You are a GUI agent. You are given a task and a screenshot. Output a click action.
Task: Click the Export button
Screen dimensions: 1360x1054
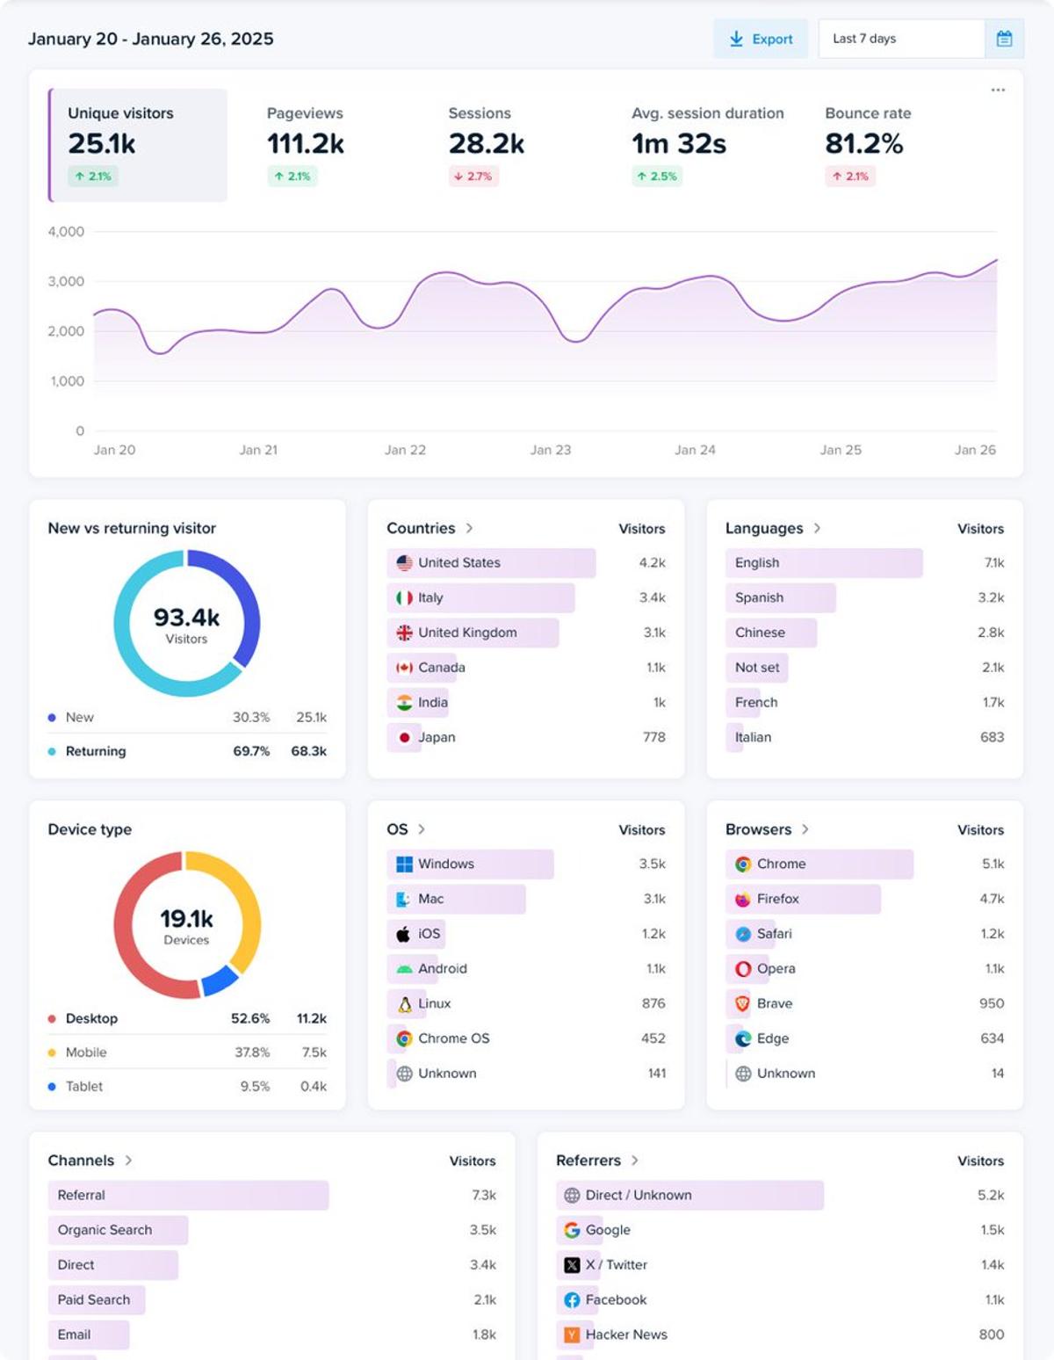click(761, 39)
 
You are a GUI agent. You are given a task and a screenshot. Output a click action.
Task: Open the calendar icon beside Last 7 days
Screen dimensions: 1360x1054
click(1004, 39)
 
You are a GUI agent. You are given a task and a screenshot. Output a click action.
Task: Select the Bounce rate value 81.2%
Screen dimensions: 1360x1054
click(863, 143)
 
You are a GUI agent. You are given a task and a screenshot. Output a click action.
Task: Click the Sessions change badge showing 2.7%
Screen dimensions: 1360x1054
click(473, 177)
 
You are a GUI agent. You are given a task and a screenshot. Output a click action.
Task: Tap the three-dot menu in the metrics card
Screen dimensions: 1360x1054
click(998, 90)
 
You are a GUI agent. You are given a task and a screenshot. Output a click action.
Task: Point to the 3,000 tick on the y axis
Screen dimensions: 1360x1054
click(67, 281)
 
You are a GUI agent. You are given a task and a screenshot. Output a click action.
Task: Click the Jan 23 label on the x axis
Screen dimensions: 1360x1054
click(550, 450)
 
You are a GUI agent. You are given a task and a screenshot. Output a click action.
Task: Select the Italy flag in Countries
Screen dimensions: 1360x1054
click(404, 597)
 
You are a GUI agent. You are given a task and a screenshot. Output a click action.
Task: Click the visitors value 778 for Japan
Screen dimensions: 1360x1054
click(653, 737)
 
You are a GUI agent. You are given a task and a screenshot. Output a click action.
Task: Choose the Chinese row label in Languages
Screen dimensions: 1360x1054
click(760, 633)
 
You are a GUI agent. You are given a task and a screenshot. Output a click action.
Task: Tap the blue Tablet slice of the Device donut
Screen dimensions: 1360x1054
click(220, 980)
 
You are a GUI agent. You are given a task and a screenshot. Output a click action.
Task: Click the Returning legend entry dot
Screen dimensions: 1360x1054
click(52, 751)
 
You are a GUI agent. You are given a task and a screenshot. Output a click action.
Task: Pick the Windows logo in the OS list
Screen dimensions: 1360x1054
click(404, 864)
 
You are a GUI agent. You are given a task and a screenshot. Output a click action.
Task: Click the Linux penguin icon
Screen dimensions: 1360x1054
click(404, 1003)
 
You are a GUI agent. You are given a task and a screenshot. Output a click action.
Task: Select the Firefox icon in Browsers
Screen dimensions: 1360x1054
click(743, 899)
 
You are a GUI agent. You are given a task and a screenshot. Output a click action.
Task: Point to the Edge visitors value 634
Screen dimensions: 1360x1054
click(992, 1038)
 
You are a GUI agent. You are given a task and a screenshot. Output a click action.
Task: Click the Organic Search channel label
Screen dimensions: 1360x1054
click(105, 1230)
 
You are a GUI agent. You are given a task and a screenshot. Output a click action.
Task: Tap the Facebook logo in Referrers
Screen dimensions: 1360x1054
click(572, 1299)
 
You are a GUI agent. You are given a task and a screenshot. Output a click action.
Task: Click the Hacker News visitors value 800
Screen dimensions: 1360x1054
click(991, 1335)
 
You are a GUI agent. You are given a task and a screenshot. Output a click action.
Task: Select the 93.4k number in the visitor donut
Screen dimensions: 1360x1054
click(186, 618)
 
